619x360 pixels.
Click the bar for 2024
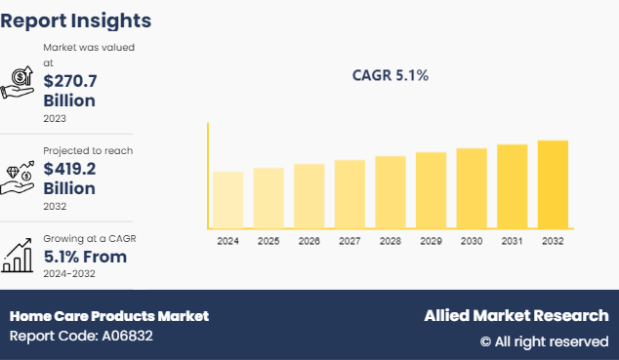227,200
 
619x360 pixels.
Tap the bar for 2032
553,184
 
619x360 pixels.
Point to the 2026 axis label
309,240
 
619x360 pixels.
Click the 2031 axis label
512,240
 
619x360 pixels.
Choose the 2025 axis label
268,240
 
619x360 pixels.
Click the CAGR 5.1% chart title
390,75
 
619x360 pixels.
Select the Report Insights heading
76,20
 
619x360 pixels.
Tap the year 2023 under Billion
56,118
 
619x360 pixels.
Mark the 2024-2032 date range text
68,275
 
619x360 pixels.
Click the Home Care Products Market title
109,316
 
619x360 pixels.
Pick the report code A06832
81,337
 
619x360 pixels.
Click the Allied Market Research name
516,316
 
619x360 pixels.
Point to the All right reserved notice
544,341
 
